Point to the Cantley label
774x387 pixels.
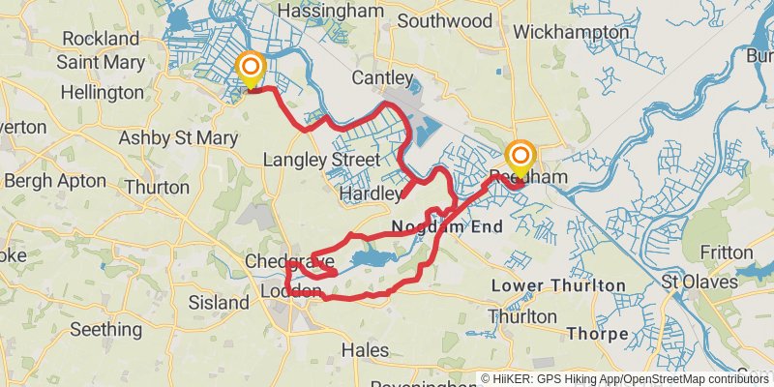pos(376,76)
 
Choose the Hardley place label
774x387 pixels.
pos(371,194)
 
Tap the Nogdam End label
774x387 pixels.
pos(447,228)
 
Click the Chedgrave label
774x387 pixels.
pos(289,261)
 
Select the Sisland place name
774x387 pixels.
pos(219,303)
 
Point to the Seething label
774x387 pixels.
pos(106,329)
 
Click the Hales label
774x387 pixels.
pos(366,349)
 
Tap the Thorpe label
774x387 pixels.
pos(598,334)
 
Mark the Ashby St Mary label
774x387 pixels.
pos(177,138)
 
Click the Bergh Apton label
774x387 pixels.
pos(55,181)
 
